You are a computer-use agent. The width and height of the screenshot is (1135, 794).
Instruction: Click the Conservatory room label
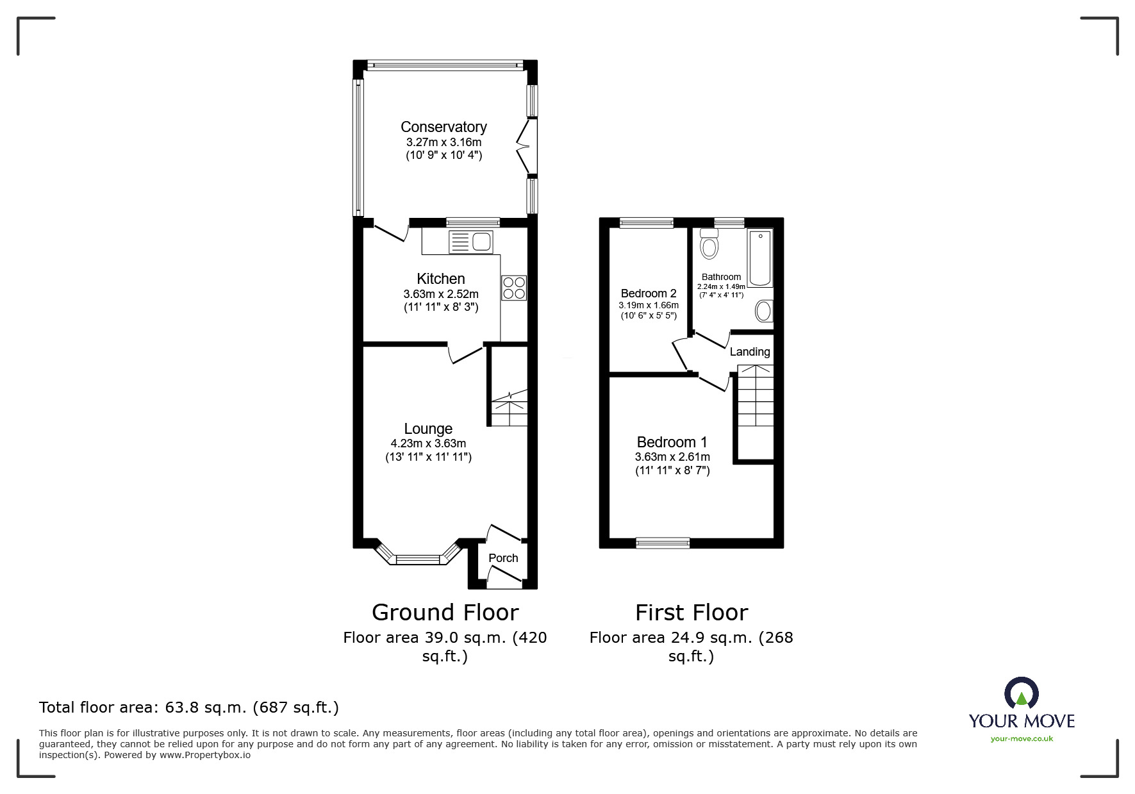pos(443,127)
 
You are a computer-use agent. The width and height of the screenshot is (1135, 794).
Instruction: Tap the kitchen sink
pos(471,242)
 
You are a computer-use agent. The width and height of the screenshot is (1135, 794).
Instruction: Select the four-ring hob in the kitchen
pos(514,288)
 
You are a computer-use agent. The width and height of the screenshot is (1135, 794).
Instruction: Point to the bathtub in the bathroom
pos(760,258)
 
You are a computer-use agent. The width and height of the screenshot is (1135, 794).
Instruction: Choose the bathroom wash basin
pos(764,311)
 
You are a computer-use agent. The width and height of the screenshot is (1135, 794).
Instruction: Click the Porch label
pos(503,558)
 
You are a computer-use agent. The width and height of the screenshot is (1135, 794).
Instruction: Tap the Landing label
pos(750,352)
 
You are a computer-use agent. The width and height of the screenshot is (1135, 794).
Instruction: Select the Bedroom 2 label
pos(649,294)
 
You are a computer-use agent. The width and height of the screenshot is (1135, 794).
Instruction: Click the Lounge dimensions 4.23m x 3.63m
pos(428,443)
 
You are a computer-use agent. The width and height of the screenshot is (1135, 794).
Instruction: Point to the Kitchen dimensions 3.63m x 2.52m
pos(441,294)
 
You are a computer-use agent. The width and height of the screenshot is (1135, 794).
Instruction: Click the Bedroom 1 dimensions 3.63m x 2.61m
pos(672,457)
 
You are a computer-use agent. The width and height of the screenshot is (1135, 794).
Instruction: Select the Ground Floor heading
pos(445,613)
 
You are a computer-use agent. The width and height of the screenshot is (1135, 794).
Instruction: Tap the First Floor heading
pos(692,613)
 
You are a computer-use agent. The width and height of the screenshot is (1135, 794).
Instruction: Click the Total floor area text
pos(189,707)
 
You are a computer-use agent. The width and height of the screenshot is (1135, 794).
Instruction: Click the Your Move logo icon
pos(1021,693)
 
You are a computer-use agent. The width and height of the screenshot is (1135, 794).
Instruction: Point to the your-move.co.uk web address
pos(1022,739)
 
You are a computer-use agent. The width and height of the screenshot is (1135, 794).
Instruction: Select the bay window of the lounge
pos(418,554)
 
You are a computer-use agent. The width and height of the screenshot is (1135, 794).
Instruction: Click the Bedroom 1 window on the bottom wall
pos(663,543)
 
